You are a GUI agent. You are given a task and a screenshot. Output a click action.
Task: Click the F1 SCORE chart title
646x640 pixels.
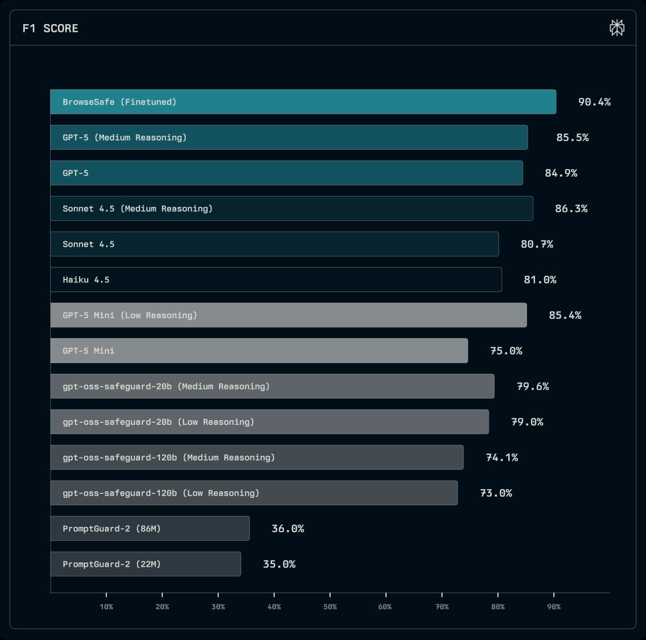tap(50, 29)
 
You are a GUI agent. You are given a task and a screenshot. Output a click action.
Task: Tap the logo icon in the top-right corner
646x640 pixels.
tap(617, 27)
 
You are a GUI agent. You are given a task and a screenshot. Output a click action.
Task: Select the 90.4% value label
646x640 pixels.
tap(594, 102)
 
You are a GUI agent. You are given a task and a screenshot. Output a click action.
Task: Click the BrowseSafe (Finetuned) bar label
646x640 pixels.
tap(119, 102)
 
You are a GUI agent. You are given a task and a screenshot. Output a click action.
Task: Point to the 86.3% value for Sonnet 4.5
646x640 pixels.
tap(571, 208)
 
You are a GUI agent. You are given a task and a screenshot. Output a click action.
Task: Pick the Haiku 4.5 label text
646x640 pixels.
tap(86, 280)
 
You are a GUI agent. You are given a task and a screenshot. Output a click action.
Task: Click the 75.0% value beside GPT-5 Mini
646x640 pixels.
tap(506, 351)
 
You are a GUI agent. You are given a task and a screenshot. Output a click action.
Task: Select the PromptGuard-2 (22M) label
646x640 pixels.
tap(111, 564)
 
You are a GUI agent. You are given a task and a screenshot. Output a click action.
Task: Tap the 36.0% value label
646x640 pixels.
tap(287, 528)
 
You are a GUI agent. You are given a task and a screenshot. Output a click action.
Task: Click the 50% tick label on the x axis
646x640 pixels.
tap(330, 607)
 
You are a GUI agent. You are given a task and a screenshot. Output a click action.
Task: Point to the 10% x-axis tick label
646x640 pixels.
tap(106, 607)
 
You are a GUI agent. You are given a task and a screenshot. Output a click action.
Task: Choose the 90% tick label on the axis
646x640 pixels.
tap(553, 607)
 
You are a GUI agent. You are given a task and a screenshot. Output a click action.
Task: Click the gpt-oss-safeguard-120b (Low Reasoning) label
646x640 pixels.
tap(160, 493)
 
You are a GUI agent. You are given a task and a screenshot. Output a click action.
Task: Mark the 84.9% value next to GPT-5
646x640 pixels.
tap(561, 173)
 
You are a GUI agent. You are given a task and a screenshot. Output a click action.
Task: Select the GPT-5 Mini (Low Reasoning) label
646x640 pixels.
tap(130, 315)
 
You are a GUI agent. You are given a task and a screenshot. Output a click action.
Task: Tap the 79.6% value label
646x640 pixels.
tap(533, 386)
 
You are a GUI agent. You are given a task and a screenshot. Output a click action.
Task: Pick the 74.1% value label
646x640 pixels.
tap(502, 457)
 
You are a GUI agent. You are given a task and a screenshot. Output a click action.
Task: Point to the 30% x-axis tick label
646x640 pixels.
tap(218, 607)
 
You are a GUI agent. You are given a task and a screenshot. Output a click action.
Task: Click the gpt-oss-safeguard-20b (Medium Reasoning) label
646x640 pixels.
tap(166, 386)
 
